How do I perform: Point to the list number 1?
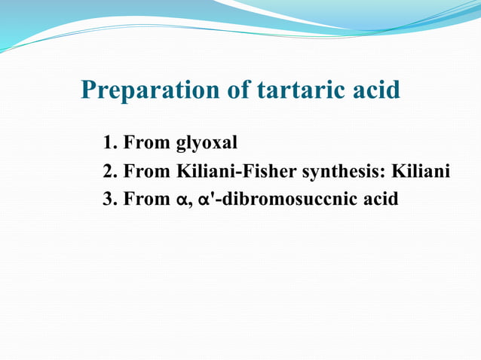(109, 142)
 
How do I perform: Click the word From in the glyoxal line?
(146, 142)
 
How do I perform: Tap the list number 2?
(109, 172)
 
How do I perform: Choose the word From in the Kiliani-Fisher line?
(146, 172)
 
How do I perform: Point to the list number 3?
(109, 201)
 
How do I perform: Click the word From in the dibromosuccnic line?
(146, 201)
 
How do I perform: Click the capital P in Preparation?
(89, 91)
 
